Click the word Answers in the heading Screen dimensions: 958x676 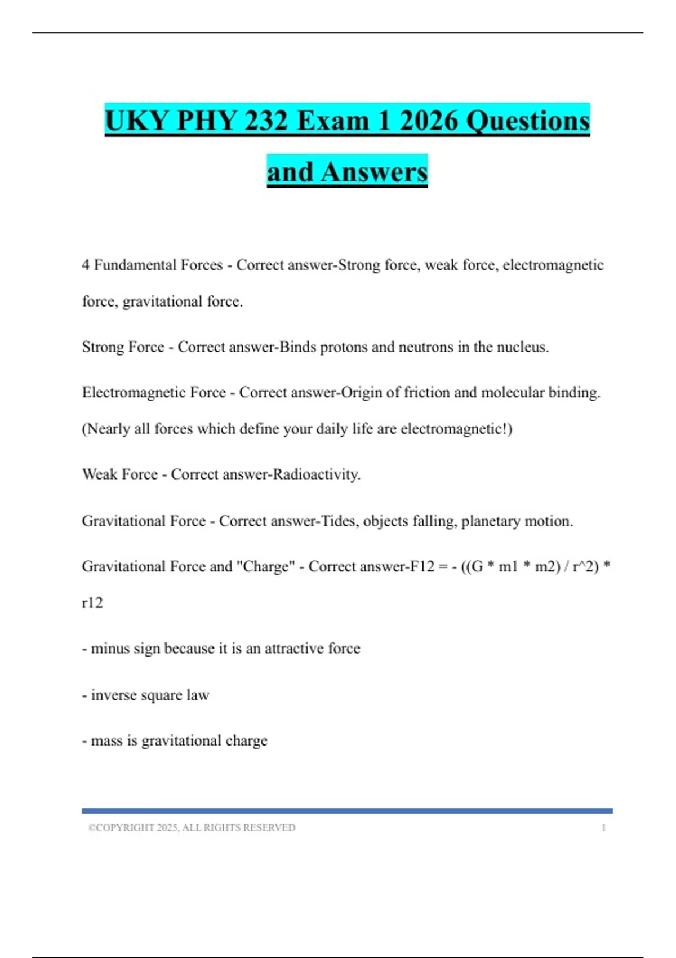pyautogui.click(x=374, y=172)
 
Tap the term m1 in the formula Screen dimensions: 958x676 pyautogui.click(x=508, y=566)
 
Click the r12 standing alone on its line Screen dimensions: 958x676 pyautogui.click(x=92, y=603)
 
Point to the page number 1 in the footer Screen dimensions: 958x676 pyautogui.click(x=604, y=828)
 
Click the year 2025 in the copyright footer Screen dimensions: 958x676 pyautogui.click(x=167, y=828)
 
